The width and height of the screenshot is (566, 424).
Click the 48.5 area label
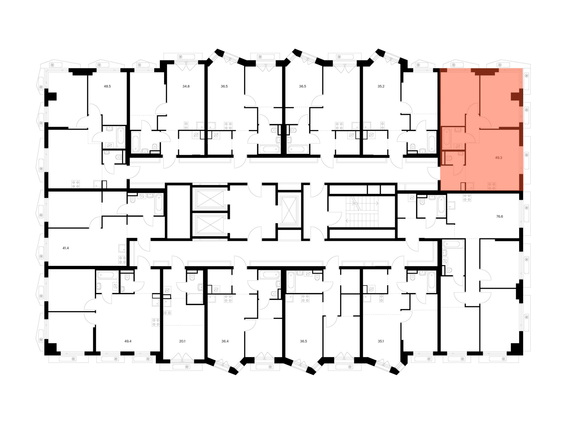107,86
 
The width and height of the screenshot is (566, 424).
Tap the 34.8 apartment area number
186,86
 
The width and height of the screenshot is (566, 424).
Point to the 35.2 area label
381,86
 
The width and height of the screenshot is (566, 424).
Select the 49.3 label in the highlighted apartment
498,158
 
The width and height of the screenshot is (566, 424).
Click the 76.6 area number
499,217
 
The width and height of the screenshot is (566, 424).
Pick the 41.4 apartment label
66,248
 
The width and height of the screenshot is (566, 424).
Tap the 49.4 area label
128,341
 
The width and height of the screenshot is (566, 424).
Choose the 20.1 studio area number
182,341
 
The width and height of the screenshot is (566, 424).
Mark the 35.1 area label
381,341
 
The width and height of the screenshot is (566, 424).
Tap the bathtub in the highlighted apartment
447,138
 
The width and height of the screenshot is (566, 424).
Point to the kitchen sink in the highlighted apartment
470,186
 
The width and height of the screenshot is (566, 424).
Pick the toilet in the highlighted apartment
448,158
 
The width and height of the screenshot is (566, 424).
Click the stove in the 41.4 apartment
122,260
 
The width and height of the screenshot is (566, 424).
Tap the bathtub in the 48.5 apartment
121,137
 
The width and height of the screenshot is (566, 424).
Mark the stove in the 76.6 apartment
467,197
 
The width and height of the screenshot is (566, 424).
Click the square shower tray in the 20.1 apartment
195,298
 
